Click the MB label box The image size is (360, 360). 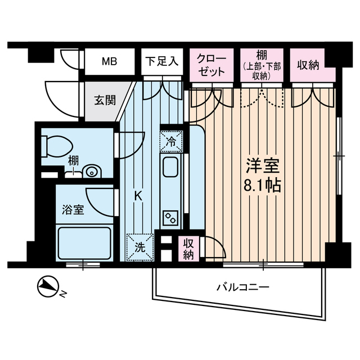pos(110,61)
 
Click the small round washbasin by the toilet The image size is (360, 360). pos(89,172)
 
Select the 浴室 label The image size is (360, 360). pos(73,210)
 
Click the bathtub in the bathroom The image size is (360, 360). pos(84,242)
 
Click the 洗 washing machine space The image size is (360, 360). pos(137,246)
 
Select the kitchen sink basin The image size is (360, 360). pos(170,168)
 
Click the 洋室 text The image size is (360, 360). pos(263,166)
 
